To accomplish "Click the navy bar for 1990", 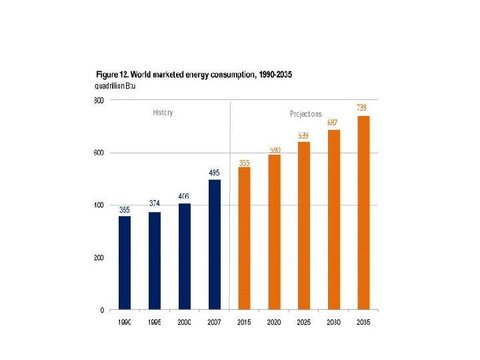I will pos(125,263).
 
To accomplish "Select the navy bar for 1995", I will pos(155,261).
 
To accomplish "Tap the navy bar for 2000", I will pos(184,257).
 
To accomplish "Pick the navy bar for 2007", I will pos(214,245).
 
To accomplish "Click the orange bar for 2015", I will pos(244,238).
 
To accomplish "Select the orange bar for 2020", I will pos(274,232).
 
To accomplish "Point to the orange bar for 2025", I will pos(304,225).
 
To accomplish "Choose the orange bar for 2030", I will pos(333,219).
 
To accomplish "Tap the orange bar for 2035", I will pos(363,213).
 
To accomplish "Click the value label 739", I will pos(361,107).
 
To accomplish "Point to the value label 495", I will pos(214,172).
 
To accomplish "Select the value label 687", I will pos(333,122).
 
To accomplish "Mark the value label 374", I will pos(155,203).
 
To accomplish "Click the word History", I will pos(163,113).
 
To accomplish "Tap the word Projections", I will pos(306,114).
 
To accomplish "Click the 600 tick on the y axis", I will pos(98,153).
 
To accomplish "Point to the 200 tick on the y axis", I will pos(98,257).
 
